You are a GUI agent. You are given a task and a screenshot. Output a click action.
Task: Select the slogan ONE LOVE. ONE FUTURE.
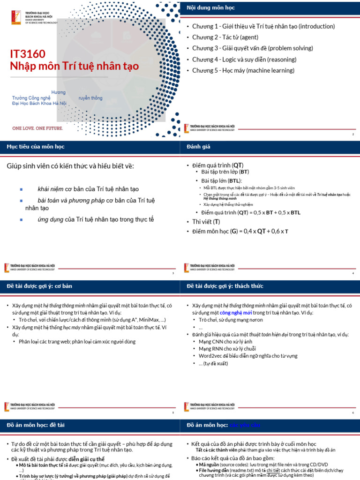pos(38,127)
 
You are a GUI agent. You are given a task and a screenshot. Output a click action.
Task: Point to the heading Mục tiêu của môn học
pos(36,147)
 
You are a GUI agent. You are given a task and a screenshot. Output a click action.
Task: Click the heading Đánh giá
pos(199,147)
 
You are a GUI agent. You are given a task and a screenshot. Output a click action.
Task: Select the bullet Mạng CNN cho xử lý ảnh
pos(225,342)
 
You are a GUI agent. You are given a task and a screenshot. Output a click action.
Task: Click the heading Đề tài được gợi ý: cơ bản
pos(39,286)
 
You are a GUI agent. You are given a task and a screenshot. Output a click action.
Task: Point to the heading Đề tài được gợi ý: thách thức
pos(225,286)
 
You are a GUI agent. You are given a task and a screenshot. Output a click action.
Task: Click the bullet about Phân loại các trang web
pos(77,342)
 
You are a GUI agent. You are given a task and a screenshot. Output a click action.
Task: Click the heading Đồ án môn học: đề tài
pos(36,425)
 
